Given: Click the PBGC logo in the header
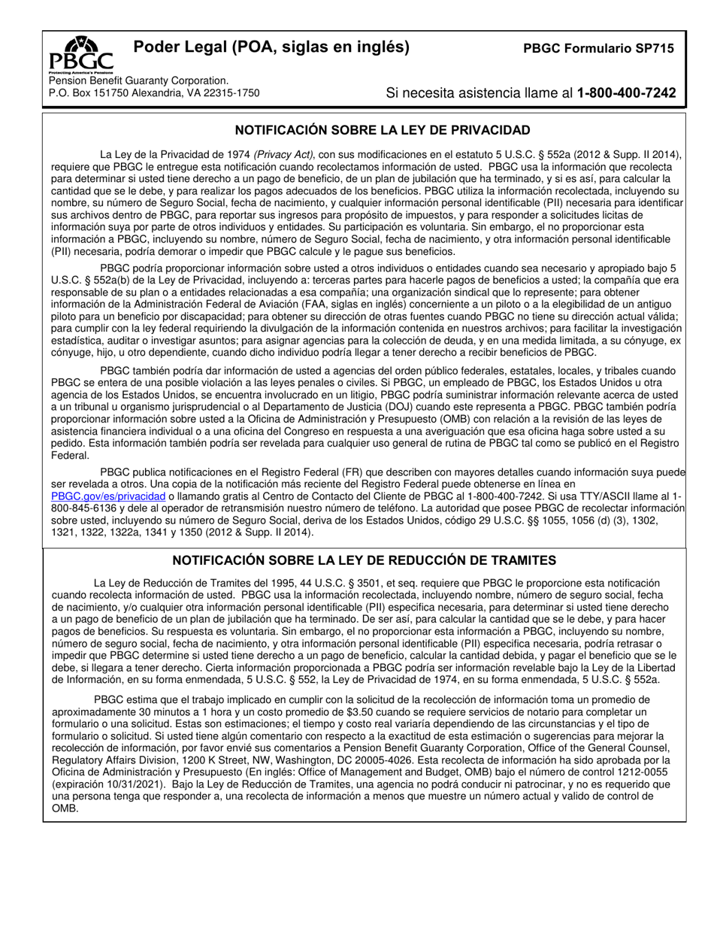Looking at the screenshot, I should click(81, 53).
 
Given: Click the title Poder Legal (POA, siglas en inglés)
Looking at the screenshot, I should click(271, 47).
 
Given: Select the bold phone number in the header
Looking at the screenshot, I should click(626, 93).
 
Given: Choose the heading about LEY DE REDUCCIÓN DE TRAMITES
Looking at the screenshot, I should click(365, 560).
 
